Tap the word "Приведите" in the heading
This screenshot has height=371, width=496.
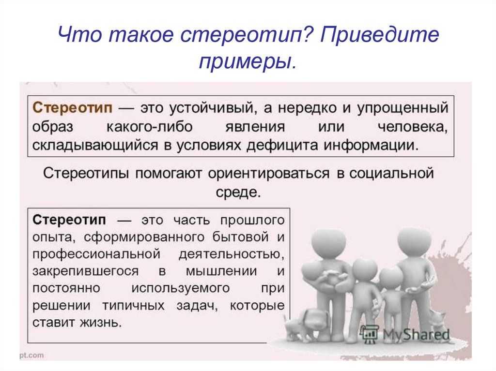coord(379,34)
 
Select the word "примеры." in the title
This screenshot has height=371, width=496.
coord(248,61)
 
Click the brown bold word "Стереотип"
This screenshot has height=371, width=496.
coord(73,108)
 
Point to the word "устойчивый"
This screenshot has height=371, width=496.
coord(212,108)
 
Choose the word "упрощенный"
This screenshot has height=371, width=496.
coord(403,108)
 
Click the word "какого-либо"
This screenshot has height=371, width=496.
coord(150,127)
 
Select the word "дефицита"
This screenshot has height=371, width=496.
coord(282,146)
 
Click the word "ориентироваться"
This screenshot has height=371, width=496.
coord(268,174)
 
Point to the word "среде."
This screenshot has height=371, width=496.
coord(238,192)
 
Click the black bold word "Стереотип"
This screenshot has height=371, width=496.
coord(69,220)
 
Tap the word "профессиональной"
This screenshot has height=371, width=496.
coord(96,254)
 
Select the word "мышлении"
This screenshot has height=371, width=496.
coord(221,271)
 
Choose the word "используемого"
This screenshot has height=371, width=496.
coord(181,288)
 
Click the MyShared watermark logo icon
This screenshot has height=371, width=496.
coord(369,334)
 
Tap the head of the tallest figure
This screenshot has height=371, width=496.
coord(414,243)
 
